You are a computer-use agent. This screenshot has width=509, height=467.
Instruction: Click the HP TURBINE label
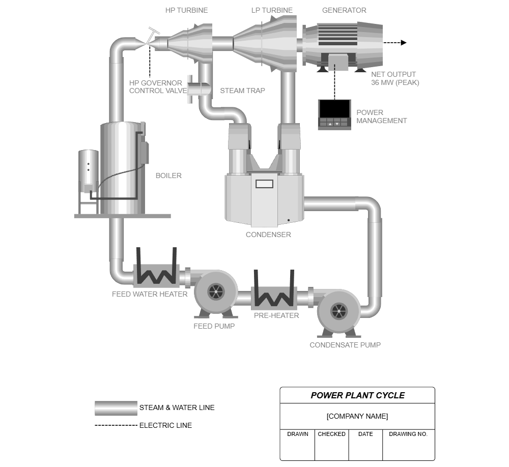[186, 10]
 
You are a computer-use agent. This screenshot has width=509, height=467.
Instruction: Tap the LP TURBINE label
[272, 10]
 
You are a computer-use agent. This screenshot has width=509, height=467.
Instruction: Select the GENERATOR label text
[344, 10]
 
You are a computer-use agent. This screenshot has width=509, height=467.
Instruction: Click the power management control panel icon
[334, 114]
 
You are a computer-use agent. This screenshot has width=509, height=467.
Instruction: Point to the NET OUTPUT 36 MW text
[394, 78]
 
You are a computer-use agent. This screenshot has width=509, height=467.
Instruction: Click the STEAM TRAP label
[242, 91]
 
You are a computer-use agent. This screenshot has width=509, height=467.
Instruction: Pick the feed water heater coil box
[155, 275]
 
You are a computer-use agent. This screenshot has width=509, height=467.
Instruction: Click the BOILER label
[168, 176]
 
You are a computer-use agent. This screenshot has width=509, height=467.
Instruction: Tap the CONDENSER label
[268, 235]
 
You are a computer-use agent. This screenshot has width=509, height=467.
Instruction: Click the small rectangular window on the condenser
[264, 184]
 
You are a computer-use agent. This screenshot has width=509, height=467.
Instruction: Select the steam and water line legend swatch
[116, 408]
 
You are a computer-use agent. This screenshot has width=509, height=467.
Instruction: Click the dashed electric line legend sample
[116, 425]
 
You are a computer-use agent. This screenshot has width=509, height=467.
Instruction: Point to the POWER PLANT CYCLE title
[357, 395]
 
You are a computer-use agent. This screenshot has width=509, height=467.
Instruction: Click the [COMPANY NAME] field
[357, 416]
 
